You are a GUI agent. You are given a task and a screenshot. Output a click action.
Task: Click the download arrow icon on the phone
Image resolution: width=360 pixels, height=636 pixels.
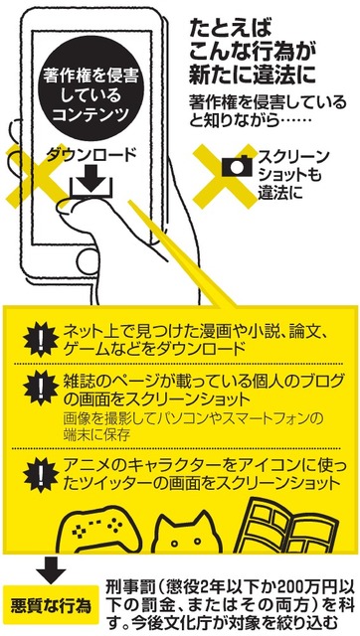[x=90, y=183]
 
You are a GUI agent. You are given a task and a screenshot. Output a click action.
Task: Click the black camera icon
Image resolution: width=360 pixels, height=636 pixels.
[x=237, y=166]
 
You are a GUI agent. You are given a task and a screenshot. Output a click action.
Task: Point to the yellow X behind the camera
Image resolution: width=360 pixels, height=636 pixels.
[x=226, y=177]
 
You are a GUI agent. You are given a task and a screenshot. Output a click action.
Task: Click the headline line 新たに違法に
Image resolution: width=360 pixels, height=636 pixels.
[x=252, y=76]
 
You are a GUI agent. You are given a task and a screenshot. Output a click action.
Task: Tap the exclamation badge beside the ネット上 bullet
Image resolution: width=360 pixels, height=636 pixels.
[x=42, y=340]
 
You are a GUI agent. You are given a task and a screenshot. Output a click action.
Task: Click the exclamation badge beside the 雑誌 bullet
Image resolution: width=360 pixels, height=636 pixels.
[x=42, y=389]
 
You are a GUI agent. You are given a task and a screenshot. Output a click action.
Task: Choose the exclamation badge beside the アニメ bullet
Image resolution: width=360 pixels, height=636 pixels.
[x=42, y=475]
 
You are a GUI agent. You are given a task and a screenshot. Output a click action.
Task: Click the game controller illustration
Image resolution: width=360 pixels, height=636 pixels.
[x=99, y=532]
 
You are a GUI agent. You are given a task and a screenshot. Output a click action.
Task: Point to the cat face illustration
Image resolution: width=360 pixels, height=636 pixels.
[x=190, y=534]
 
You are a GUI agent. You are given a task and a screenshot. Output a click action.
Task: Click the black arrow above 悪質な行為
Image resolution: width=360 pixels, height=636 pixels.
[x=51, y=569]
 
